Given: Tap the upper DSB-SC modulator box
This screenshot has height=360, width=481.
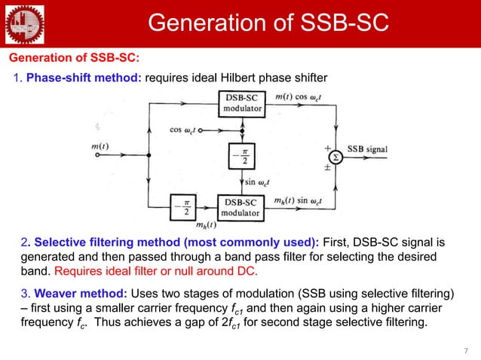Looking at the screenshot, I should [x=243, y=103].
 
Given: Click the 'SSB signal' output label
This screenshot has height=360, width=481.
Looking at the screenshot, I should [x=367, y=149].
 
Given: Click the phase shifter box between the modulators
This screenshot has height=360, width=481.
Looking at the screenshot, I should [x=243, y=157].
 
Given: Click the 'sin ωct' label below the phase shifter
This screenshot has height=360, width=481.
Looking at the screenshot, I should [x=259, y=182].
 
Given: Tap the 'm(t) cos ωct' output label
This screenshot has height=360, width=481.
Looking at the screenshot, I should [x=302, y=96].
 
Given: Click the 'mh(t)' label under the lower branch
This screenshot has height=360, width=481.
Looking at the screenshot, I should [x=206, y=224].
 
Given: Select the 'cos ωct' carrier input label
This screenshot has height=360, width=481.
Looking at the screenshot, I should [x=182, y=129].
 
